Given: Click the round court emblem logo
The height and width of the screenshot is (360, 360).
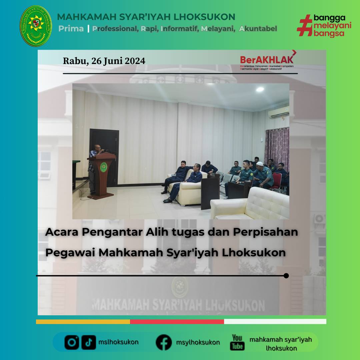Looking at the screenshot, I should (x=36, y=26).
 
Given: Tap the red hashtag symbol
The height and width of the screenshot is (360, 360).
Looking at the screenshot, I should (x=304, y=25).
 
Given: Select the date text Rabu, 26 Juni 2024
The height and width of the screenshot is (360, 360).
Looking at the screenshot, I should (x=104, y=61).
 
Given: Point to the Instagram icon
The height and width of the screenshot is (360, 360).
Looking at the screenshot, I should (x=72, y=342).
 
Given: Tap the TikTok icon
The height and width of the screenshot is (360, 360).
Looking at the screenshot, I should (x=89, y=342).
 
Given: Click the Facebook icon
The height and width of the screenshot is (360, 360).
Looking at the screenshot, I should (x=164, y=342).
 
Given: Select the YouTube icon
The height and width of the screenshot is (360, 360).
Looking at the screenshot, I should (x=237, y=342).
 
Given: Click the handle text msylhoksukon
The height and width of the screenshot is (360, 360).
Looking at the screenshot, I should (x=198, y=342).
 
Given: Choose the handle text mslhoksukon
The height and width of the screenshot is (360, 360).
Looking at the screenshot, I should (x=119, y=342).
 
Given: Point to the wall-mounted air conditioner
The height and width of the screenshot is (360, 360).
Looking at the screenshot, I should (x=279, y=113).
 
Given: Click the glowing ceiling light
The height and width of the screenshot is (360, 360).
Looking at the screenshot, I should (x=260, y=89).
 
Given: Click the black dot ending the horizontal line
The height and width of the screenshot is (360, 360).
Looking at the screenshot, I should (x=286, y=276).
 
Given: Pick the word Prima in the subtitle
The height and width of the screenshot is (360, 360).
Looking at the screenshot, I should (x=71, y=29).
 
